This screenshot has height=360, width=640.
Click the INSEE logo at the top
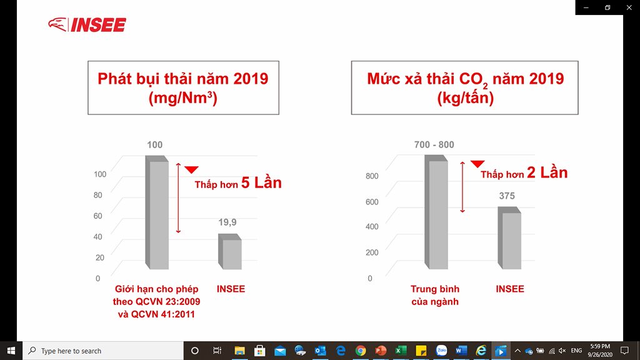pos(87,24)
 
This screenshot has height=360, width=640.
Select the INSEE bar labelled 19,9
pos(230,251)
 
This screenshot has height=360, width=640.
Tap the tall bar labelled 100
pos(157,212)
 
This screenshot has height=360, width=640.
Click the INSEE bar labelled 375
pos(509,238)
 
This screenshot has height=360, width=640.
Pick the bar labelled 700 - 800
pos(436,212)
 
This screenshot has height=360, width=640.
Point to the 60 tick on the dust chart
pos(97,216)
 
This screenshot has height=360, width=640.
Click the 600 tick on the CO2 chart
pos(372,202)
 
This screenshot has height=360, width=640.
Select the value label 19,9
pos(227,222)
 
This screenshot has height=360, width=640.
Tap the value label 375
pos(507,196)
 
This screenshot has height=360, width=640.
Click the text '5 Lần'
pos(261,183)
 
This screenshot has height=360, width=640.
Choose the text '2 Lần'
pos(547,172)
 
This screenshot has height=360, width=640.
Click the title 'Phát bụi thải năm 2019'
pos(183,78)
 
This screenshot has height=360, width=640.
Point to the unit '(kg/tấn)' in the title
pos(465,98)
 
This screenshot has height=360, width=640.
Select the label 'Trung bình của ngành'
pos(435,295)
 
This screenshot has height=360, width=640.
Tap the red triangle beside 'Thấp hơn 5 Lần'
pos(191,169)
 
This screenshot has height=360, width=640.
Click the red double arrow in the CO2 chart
pos(462,187)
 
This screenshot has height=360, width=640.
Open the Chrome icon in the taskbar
pos(361,351)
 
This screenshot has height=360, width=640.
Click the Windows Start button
pos(11,351)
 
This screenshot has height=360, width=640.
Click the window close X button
pos(629,7)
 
